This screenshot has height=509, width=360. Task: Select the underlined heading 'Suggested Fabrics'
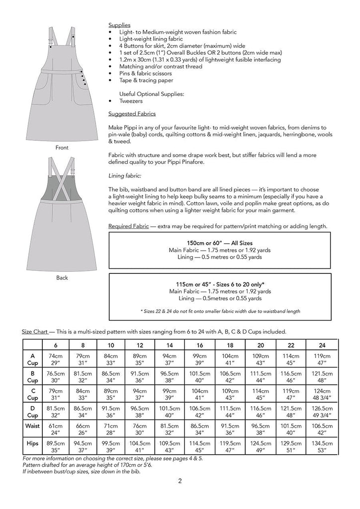129,114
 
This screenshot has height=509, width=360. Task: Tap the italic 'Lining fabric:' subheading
124,175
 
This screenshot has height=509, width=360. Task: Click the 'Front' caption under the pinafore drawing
62,148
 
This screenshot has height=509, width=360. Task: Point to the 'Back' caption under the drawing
62,278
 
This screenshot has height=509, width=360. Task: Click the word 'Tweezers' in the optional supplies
131,100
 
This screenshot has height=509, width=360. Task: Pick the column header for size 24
322,344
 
